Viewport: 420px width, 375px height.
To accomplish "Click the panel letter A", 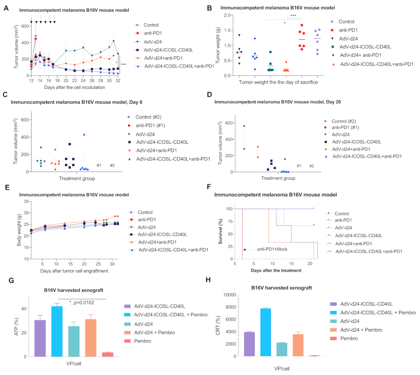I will pos(6,8).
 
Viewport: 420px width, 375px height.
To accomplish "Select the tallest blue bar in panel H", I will pos(265,332).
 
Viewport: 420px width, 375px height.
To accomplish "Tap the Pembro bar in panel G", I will pos(108,354).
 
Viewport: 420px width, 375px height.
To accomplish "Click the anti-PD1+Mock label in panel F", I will pos(272,249).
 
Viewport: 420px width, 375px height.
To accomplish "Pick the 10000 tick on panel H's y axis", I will pos(229,295).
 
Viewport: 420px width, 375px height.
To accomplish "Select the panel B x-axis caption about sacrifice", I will pos(278,82).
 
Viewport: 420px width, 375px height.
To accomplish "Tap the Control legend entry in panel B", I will pos(346,22).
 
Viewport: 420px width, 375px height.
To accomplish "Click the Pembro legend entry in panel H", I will pos(349,338).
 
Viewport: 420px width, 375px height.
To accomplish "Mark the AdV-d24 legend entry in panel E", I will pos(147,227).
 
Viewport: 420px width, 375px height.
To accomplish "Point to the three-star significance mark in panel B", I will pos(293,16).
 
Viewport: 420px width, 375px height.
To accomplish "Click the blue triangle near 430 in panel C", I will pos(84,135).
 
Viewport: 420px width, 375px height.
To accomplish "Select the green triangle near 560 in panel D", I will pos(244,126).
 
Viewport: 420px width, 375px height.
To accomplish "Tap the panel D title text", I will pos(278,102).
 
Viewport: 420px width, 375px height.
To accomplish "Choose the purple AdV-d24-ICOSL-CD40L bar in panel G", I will pos(40,338).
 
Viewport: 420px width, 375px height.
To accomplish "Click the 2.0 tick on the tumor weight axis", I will pos(227,15).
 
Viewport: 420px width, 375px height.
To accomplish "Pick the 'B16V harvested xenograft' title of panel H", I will pos(282,288).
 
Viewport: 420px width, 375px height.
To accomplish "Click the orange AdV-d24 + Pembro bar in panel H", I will pos(298,345).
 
